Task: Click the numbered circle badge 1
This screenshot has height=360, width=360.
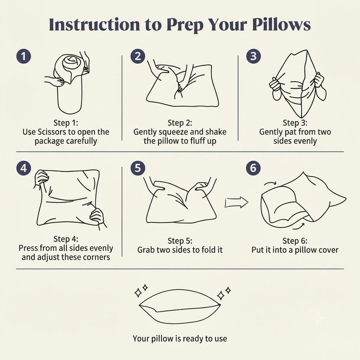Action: click(24, 56)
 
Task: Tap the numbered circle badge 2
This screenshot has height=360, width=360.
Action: click(138, 56)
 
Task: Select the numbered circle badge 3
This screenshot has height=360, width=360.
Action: click(253, 56)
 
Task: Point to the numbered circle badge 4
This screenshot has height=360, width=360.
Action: click(24, 168)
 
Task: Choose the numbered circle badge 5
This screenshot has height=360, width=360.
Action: click(138, 168)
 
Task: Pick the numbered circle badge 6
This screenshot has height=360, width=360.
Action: click(253, 168)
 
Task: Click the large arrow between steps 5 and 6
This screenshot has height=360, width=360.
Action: click(237, 202)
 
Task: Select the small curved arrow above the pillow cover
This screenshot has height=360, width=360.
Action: click(270, 182)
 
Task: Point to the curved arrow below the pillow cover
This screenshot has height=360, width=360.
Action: click(299, 227)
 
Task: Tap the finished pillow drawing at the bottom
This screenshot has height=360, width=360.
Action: click(180, 307)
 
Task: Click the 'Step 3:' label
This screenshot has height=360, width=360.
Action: click(295, 123)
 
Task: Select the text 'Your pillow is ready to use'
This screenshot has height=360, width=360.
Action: click(180, 339)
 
